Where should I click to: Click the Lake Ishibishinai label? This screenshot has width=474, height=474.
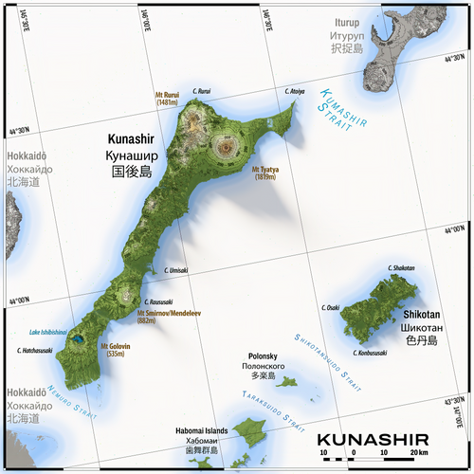pyautogui.click(x=46, y=331)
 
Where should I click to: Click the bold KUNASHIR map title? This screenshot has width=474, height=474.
pyautogui.click(x=372, y=439)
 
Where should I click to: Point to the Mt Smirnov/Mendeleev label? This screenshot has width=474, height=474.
pyautogui.click(x=160, y=317)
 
